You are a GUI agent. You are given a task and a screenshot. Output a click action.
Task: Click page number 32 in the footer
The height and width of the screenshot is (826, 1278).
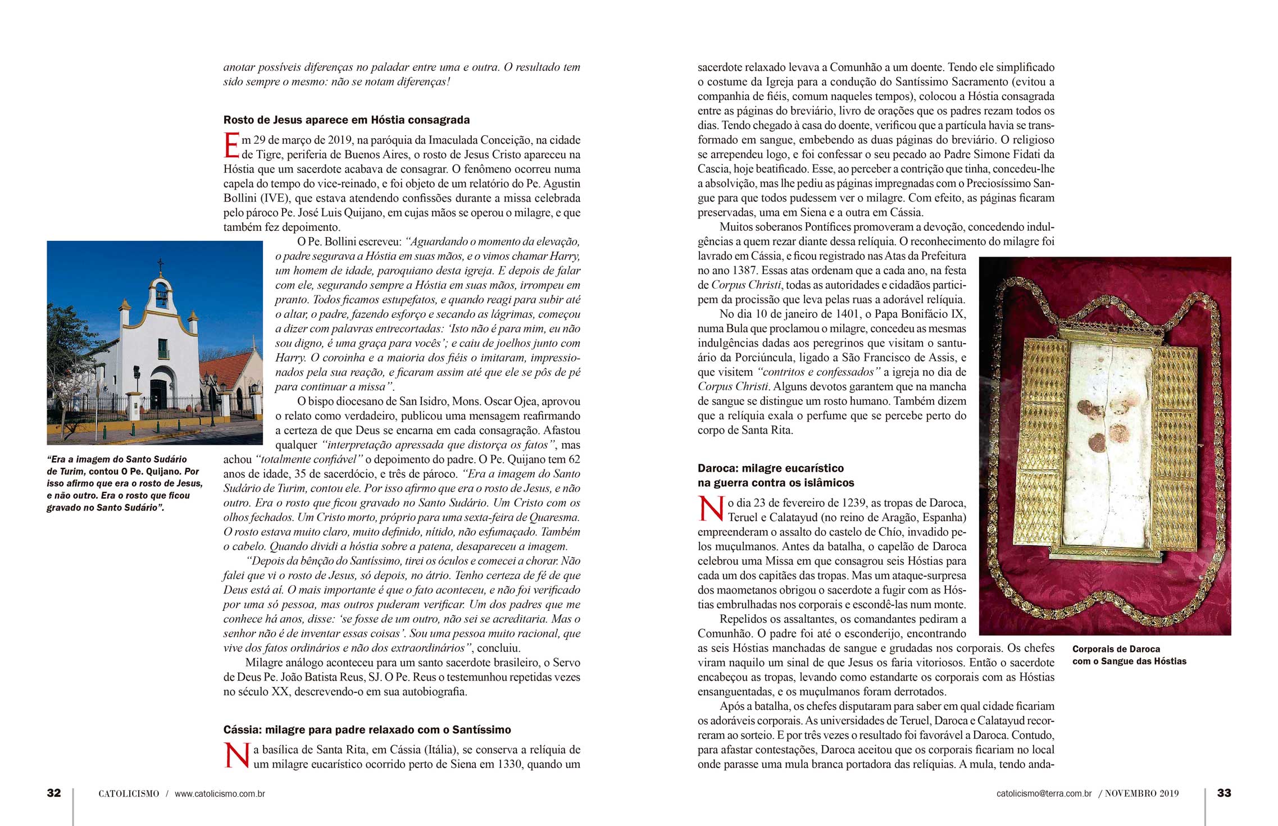pos(54,793)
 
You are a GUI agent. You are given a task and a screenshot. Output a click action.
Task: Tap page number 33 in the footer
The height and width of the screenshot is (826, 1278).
pos(1224,793)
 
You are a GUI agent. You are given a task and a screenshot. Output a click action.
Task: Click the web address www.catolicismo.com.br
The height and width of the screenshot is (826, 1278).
pos(220,793)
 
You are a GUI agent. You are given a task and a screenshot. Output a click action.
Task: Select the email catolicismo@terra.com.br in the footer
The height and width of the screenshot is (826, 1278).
pos(1044,793)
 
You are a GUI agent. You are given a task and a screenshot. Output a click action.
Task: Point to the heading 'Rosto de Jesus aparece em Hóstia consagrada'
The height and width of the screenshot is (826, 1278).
pos(346,120)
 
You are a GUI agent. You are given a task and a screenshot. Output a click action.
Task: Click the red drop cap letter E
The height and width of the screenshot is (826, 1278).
pos(231,146)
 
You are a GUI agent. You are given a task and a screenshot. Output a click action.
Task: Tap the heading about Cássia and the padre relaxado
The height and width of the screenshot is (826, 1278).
pos(367,730)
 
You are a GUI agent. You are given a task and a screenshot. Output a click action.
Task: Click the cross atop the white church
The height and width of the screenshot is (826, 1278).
pos(161,264)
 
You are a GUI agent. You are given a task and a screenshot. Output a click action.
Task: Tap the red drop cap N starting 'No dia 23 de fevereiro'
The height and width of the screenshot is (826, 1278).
pos(711,509)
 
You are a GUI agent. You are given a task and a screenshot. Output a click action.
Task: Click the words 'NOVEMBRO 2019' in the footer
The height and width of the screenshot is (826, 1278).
pos(1141,793)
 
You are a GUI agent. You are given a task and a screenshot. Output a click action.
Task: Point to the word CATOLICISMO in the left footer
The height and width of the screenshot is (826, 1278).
pos(129,793)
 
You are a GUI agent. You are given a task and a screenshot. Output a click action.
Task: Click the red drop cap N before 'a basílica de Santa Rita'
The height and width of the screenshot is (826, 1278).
pos(237,756)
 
